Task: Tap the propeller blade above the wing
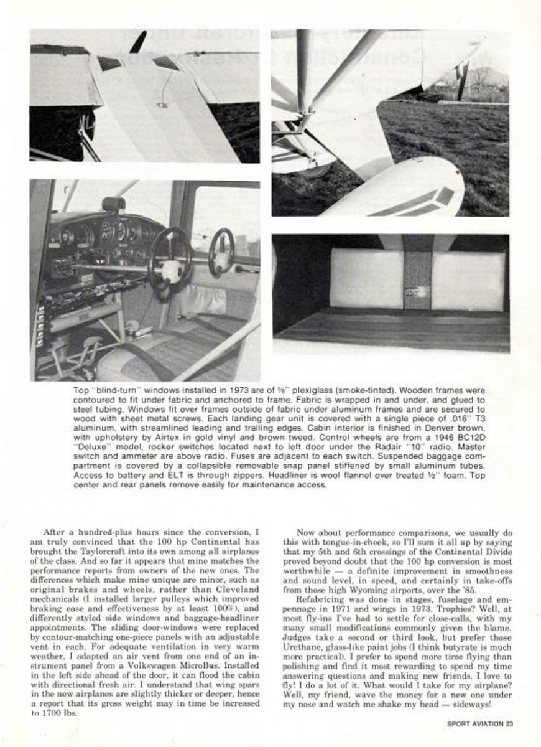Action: [x=139, y=42]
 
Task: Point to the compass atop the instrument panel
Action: [x=114, y=204]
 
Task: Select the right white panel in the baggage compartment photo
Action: [x=467, y=280]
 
